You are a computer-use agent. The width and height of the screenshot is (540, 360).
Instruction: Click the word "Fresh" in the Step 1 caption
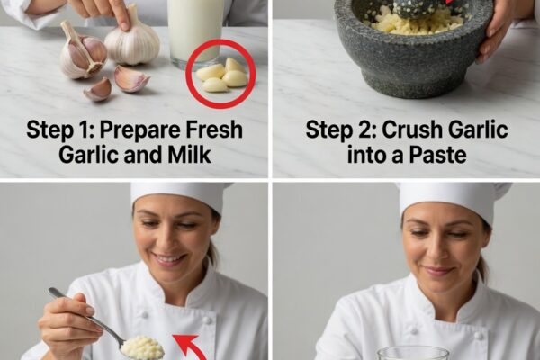(x=214, y=130)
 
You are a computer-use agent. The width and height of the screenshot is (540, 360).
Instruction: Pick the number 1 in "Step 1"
(x=87, y=130)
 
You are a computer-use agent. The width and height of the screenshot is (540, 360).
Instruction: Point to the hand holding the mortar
(x=496, y=30)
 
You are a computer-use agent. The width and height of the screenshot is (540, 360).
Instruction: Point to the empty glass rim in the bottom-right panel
(x=412, y=353)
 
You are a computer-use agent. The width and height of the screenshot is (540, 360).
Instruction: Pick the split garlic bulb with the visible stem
(x=83, y=51)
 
